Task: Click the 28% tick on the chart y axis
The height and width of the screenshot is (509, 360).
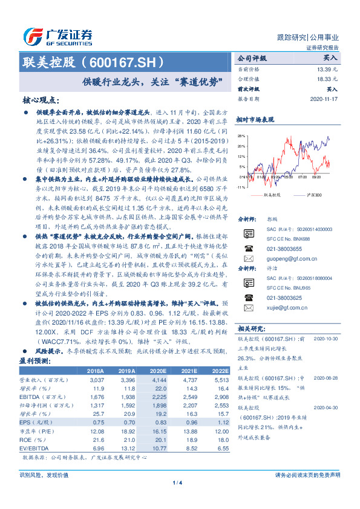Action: point(241,137)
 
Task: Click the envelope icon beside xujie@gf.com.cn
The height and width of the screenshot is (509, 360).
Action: point(248,307)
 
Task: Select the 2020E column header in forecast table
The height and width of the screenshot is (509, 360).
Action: point(159,353)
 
